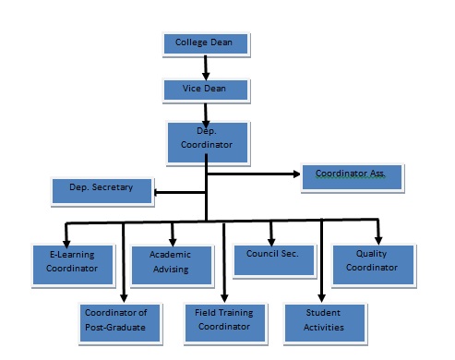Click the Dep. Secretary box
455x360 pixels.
102,189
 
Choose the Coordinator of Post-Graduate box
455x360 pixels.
115,319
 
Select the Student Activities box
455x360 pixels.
324,319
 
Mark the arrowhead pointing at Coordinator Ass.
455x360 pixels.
296,172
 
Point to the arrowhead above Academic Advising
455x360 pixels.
173,240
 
